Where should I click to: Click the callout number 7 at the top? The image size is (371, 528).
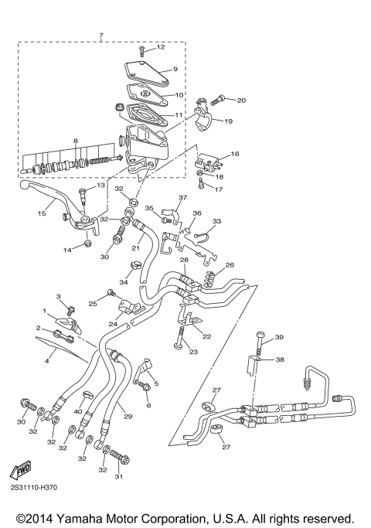coord(100,36)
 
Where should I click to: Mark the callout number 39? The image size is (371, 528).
coord(280,336)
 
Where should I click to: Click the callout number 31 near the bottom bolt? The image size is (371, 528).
coord(118,477)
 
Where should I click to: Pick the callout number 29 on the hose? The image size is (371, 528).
coord(128,417)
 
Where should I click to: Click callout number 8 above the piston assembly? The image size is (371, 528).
coord(75,141)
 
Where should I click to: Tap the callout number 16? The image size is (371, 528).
coord(235,155)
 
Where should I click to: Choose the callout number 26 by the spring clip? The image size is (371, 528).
coord(229,265)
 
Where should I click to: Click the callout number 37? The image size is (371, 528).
coord(183,198)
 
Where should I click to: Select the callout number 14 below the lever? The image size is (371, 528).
coord(67,250)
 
